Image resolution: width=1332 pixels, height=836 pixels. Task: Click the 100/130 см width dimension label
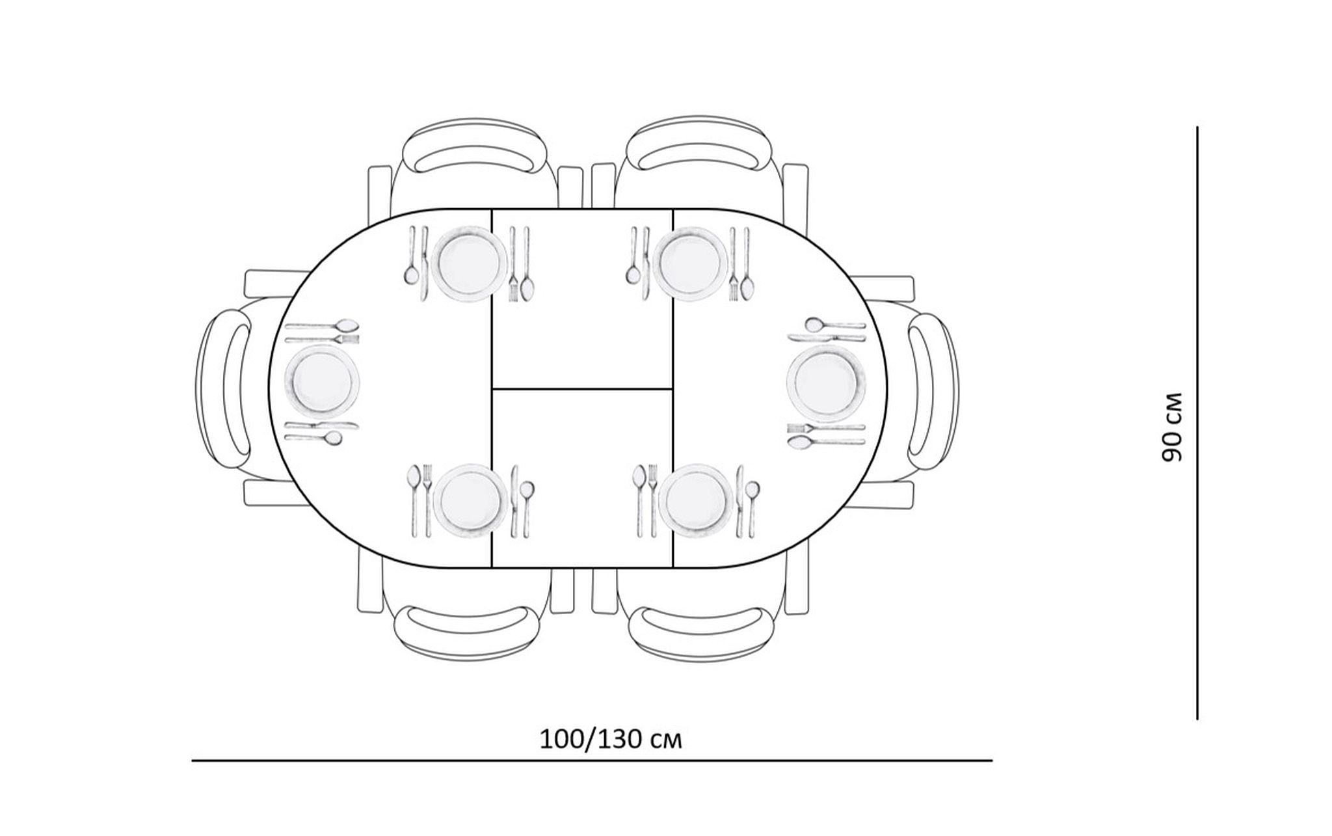(x=611, y=740)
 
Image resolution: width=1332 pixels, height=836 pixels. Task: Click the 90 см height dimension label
(x=1171, y=427)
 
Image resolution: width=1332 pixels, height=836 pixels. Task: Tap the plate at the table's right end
(x=826, y=384)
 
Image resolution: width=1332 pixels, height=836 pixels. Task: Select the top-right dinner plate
(x=690, y=263)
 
